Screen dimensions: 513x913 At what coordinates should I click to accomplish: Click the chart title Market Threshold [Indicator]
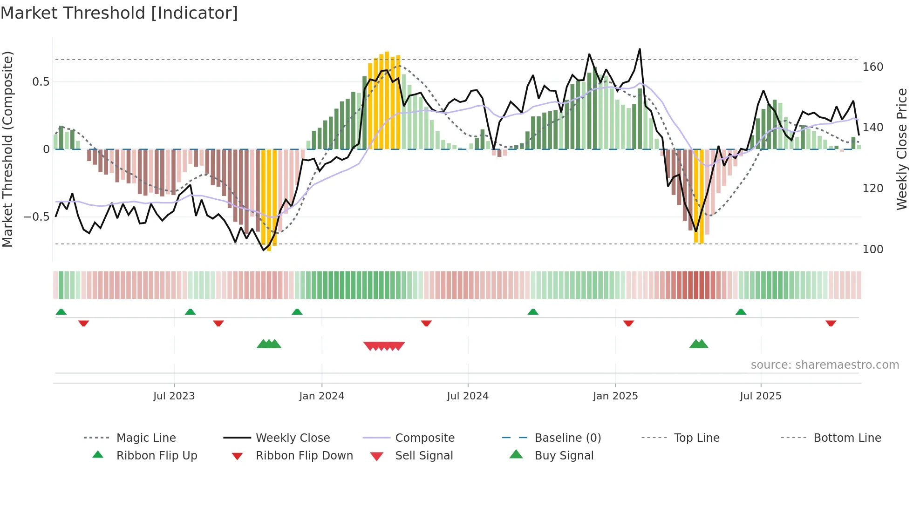tap(119, 13)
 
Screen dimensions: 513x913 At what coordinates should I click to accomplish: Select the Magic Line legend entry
tap(146, 438)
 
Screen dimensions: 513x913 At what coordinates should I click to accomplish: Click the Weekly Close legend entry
tap(293, 438)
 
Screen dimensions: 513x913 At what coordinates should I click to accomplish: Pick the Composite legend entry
tap(424, 438)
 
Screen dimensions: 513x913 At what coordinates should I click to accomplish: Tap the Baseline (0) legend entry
tap(567, 438)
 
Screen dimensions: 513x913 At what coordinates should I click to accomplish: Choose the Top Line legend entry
tap(696, 438)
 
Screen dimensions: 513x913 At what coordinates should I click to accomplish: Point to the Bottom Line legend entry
tap(847, 438)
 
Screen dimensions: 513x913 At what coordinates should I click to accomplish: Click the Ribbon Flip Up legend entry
tap(157, 456)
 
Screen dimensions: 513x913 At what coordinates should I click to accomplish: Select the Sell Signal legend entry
tap(423, 456)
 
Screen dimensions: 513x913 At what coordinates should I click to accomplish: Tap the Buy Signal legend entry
tap(564, 456)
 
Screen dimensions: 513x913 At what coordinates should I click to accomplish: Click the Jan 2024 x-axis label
tap(321, 396)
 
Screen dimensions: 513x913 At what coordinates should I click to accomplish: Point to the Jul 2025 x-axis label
tap(760, 396)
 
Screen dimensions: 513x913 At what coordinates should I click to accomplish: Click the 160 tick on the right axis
tap(872, 67)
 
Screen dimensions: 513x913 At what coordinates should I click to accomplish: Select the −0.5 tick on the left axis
tap(36, 217)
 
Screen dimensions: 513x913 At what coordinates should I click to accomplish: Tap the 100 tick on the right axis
tap(872, 250)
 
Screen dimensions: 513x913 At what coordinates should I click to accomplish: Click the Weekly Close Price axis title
tap(902, 149)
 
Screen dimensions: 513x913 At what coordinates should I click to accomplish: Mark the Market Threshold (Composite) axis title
tap(7, 149)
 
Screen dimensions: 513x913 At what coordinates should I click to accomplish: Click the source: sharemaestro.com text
tap(824, 365)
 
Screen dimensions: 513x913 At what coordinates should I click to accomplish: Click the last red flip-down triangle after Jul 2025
tap(831, 323)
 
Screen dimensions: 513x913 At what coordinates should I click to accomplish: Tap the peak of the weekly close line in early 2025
tap(640, 49)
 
